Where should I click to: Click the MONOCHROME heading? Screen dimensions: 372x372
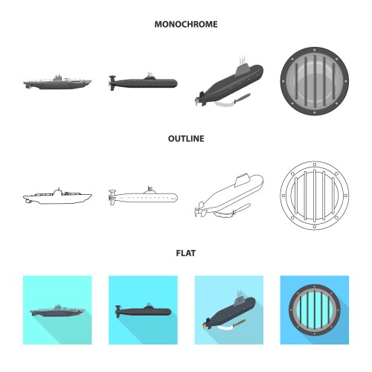pyautogui.click(x=186, y=24)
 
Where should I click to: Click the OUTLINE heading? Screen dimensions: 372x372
pyautogui.click(x=186, y=138)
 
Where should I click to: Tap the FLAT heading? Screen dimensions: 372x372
pyautogui.click(x=186, y=253)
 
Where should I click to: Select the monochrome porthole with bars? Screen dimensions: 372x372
pyautogui.click(x=315, y=81)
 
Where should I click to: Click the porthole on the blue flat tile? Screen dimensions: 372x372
pyautogui.click(x=315, y=310)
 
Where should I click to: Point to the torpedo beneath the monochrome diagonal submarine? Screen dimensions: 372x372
pyautogui.click(x=242, y=97)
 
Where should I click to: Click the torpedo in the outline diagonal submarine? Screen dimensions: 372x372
pyautogui.click(x=242, y=208)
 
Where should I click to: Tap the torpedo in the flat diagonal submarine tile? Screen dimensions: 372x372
pyautogui.click(x=239, y=322)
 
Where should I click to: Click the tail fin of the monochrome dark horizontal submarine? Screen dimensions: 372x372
pyautogui.click(x=112, y=83)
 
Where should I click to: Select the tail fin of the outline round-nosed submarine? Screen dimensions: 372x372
pyautogui.click(x=112, y=197)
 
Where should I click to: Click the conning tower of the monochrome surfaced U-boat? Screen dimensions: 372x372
pyautogui.click(x=58, y=77)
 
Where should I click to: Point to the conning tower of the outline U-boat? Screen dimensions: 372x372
pyautogui.click(x=58, y=192)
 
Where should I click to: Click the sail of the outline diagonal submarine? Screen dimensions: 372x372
pyautogui.click(x=241, y=179)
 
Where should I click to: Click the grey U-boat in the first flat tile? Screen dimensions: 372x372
pyautogui.click(x=57, y=311)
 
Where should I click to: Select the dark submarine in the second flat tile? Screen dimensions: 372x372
pyautogui.click(x=143, y=310)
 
